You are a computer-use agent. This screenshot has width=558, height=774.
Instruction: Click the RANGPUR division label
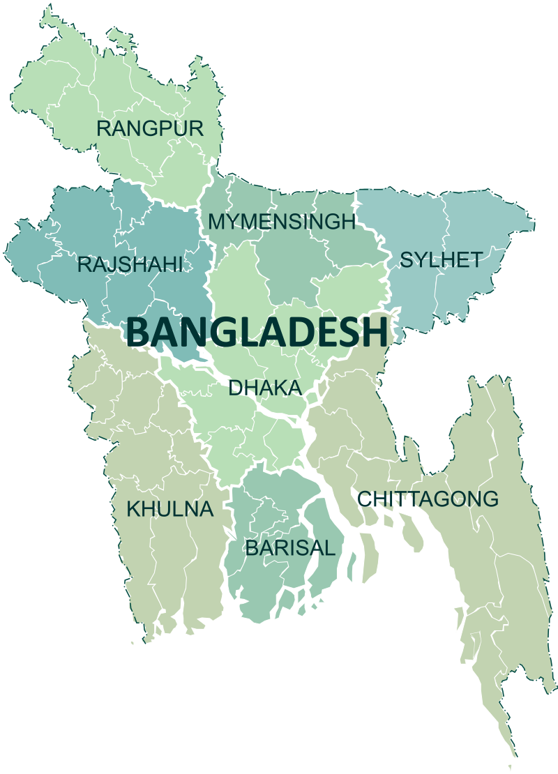(x=150, y=128)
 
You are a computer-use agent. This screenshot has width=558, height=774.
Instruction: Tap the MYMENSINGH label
(x=282, y=222)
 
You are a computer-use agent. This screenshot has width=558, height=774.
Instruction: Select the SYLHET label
(x=440, y=261)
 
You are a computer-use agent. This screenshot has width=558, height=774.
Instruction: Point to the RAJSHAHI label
(x=130, y=264)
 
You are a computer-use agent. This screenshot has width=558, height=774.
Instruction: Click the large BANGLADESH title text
(x=257, y=333)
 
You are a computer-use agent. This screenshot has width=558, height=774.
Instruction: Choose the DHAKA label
(x=264, y=388)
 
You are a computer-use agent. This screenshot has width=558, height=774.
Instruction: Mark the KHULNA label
(x=169, y=509)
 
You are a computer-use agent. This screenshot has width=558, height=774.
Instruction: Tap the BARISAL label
(x=289, y=548)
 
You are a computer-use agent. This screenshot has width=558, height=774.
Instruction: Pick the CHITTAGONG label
(x=428, y=499)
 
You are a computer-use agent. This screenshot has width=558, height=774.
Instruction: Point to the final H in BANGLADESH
(x=375, y=333)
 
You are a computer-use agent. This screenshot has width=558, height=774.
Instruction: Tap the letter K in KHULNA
(x=133, y=509)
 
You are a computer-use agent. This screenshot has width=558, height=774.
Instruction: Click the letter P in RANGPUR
(x=164, y=128)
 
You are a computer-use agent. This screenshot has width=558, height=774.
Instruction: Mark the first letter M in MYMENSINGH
(x=217, y=222)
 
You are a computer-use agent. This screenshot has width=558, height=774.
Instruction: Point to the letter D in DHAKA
(x=235, y=388)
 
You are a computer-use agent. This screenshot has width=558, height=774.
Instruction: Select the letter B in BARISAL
(x=251, y=548)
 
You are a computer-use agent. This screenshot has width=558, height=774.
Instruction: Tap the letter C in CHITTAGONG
(x=365, y=499)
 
